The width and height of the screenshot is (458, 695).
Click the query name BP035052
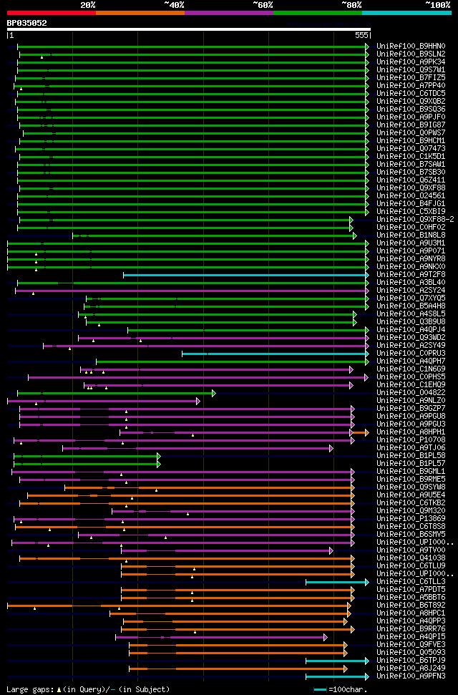coord(26,23)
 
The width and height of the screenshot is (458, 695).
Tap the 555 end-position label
coord(361,35)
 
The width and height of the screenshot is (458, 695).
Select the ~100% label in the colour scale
coord(437,4)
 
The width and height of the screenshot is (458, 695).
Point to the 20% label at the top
coord(88,4)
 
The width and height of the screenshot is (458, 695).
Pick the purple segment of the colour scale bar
coord(228,12)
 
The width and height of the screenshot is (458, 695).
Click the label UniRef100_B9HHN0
coord(411,47)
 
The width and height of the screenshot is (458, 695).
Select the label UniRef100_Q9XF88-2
coord(414,220)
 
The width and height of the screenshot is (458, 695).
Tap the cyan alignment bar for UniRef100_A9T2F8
coord(243,275)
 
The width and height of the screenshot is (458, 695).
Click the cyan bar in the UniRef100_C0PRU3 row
coord(272,354)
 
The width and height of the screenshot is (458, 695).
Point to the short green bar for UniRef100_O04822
coord(114,393)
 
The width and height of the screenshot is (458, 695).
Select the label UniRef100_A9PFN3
coord(411,676)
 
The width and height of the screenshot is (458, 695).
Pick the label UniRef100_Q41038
coord(411,558)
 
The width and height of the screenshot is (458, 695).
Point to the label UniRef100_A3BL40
coord(411,283)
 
